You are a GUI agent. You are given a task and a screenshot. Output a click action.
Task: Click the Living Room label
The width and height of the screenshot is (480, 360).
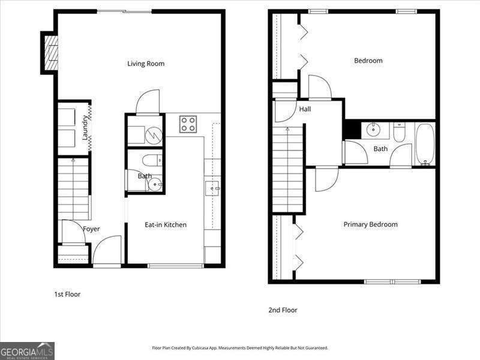[146, 64]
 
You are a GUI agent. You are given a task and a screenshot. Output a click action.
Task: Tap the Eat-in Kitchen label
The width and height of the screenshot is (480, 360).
[166, 224]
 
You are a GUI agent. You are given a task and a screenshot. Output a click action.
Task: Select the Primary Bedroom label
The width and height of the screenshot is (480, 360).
[370, 224]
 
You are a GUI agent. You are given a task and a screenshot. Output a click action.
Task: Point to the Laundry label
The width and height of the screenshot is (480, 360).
[85, 127]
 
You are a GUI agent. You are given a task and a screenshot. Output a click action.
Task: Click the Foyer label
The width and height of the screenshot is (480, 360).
[91, 229]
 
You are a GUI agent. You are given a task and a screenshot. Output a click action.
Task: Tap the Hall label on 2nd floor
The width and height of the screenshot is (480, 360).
[305, 109]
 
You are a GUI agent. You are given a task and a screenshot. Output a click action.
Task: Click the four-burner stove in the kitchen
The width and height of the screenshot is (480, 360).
[188, 124]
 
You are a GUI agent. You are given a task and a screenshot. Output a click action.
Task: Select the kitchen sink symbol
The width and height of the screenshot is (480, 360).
[212, 188]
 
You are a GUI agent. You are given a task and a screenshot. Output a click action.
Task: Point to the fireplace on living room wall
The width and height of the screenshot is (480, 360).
[51, 53]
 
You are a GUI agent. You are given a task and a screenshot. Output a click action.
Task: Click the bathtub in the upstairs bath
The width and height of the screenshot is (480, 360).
[425, 145]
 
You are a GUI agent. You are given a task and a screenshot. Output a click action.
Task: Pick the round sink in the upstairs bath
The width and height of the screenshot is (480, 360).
[373, 130]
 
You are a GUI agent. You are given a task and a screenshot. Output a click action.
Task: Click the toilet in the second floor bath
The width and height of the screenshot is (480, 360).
[399, 132]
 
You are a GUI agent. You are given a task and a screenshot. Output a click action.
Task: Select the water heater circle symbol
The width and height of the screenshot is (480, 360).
[154, 135]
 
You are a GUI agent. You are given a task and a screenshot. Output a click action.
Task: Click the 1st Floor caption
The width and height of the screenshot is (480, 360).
[67, 295]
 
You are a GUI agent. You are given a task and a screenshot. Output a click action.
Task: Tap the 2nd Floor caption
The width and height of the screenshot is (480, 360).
[283, 310]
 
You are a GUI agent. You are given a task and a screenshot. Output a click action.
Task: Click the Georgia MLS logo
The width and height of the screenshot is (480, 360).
[27, 351]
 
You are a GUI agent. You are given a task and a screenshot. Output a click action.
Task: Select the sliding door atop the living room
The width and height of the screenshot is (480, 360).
[125, 11]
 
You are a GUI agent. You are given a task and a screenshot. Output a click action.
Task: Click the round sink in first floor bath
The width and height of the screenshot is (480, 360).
[155, 185]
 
